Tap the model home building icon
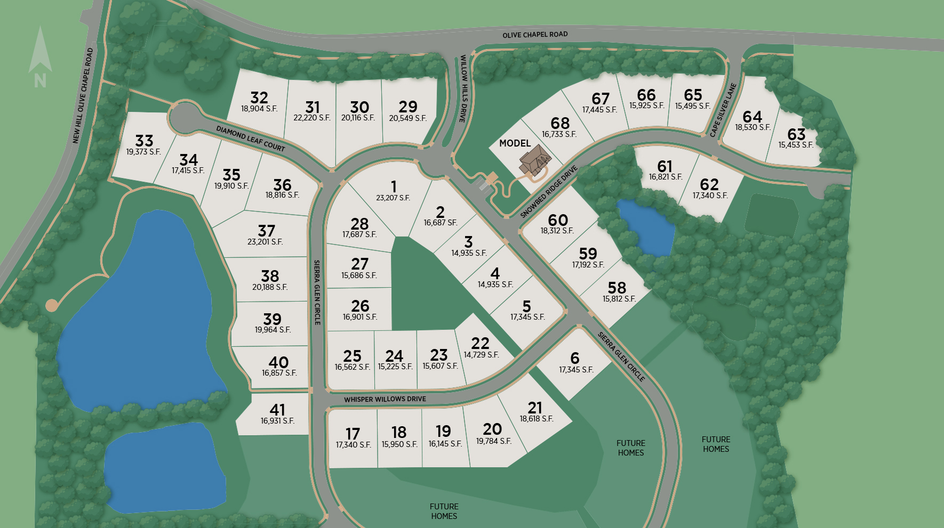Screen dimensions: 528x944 coord(534,160)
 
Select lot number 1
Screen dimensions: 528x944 coord(394,186)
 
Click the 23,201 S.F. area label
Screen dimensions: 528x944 coord(265,242)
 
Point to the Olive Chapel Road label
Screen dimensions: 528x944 coord(535,35)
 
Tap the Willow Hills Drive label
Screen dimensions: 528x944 coord(464,88)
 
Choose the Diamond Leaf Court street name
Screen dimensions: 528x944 coord(251,139)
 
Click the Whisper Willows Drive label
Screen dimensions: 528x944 coord(385,399)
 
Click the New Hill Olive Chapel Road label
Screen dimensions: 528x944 coord(83,96)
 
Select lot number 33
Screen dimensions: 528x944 coord(144,141)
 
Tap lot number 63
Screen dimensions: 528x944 coord(796,134)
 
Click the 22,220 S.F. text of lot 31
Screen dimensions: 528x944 coord(312,118)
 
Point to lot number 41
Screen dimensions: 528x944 coord(277,410)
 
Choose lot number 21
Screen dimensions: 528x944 coord(535,408)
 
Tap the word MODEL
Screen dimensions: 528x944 coord(515,143)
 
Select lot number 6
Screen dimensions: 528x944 coord(574,358)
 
